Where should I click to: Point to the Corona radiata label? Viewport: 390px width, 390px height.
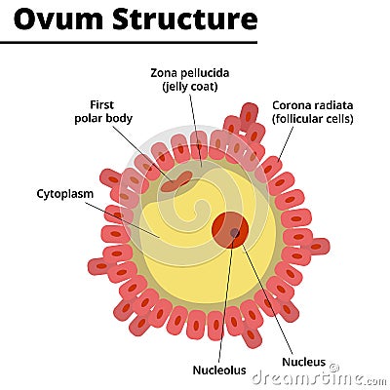click(312, 104)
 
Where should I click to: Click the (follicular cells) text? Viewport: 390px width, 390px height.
click(312, 119)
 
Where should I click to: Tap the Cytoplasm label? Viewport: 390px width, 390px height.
click(64, 193)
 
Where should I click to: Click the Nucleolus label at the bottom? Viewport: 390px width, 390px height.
click(219, 370)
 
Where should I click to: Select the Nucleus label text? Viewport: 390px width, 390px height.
click(303, 362)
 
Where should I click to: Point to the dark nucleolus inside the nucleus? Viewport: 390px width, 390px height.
click(234, 233)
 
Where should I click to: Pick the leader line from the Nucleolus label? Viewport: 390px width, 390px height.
click(227, 302)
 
